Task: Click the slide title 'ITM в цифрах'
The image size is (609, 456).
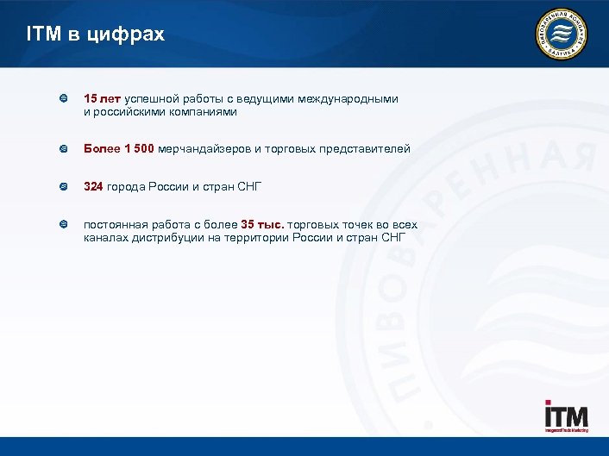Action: point(95,35)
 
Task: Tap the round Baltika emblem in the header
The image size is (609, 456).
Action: point(561,34)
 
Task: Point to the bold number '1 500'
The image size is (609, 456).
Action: point(139,149)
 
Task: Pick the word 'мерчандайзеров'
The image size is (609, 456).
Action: point(204,149)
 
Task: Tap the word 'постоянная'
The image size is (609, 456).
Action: point(115,225)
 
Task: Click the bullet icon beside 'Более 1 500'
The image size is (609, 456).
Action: point(64,149)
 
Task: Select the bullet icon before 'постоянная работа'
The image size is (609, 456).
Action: point(64,225)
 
